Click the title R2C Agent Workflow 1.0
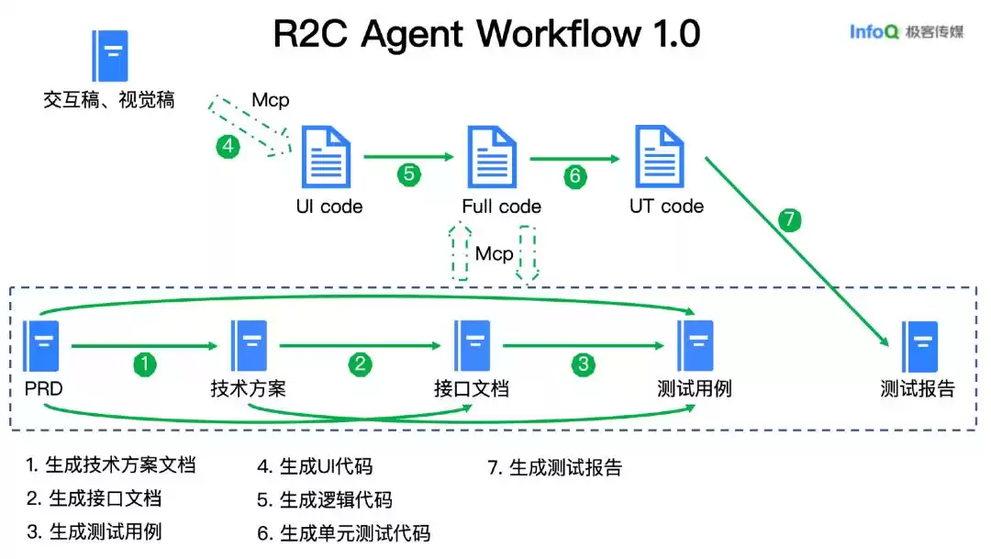click(486, 35)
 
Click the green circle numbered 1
click(144, 364)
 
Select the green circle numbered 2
click(360, 364)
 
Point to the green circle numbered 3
click(583, 364)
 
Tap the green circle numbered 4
click(228, 147)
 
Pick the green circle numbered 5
click(408, 175)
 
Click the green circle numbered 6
click(575, 175)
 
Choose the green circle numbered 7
click(789, 220)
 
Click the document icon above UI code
click(327, 158)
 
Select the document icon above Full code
click(492, 158)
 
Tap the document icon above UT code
click(661, 158)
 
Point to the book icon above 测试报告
click(919, 346)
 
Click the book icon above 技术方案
click(250, 346)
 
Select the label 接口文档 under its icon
click(472, 389)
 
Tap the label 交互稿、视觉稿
click(108, 99)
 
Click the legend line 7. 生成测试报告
click(554, 468)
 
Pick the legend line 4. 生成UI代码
click(315, 467)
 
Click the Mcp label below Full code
click(494, 253)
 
